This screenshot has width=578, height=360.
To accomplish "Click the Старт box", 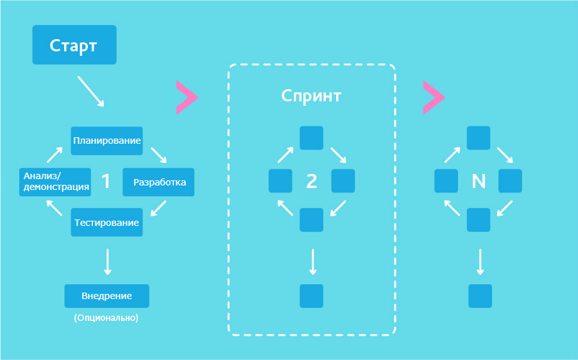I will [74, 45].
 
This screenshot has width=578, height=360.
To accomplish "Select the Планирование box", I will [106, 141].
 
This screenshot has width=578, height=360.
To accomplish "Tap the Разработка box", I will [158, 182].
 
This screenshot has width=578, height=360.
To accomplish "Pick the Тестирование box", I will [106, 223].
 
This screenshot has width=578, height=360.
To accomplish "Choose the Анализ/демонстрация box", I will [55, 182].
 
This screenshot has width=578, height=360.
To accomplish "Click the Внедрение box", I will [106, 296].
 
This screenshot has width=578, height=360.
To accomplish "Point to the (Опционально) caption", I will [106, 318].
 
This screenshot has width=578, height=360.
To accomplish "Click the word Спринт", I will [311, 96].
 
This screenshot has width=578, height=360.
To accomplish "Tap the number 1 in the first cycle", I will [106, 182].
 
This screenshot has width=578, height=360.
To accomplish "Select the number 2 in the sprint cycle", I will [312, 182].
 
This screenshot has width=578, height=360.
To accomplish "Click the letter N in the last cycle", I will [479, 182].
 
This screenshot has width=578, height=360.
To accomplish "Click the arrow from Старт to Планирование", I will [90, 91].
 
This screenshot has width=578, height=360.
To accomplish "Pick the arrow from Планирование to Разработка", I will [158, 155].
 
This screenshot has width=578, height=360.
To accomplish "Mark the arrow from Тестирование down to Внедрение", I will [107, 261].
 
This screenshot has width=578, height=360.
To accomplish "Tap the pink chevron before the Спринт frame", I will [186, 98].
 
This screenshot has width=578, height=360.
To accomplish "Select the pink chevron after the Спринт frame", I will [433, 98].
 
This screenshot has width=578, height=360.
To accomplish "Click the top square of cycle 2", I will [312, 138].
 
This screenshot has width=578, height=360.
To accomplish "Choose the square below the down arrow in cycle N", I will [480, 296].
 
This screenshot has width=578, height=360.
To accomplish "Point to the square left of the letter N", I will [446, 181].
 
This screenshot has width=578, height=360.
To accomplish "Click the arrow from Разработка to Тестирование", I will [158, 209].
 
